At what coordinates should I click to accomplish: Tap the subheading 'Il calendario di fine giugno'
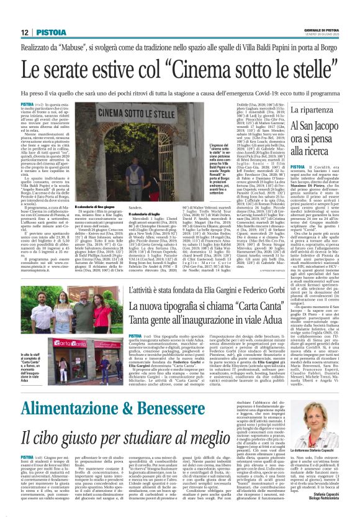pos(95,207)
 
